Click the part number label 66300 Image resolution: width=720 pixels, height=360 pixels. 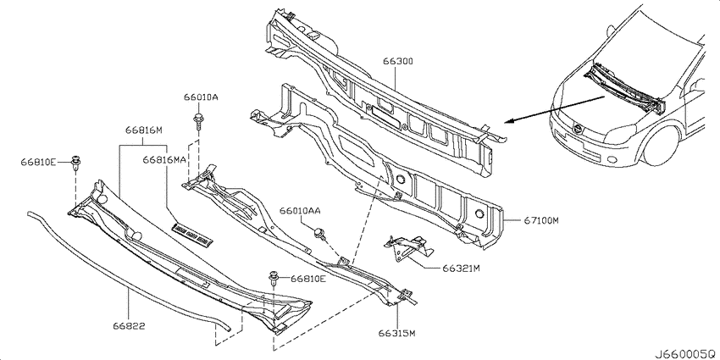[x=396, y=61]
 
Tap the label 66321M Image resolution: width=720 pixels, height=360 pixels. [x=462, y=269]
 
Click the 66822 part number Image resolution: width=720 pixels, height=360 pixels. [x=129, y=327]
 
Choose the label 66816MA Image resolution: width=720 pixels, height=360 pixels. [x=164, y=160]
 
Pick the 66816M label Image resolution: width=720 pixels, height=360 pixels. [x=144, y=130]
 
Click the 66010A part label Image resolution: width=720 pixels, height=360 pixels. [x=201, y=97]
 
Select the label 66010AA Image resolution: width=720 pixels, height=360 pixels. [x=300, y=210]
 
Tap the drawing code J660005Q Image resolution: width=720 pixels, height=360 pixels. [x=685, y=354]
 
